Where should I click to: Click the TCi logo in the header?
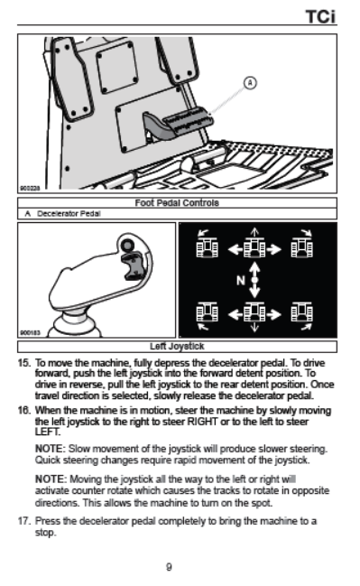(320, 17)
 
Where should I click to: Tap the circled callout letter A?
(250, 82)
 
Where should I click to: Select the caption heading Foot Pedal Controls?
(177, 203)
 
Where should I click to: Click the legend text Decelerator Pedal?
(69, 214)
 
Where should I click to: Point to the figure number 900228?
(30, 189)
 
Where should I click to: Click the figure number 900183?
(30, 332)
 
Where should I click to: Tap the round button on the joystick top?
(128, 246)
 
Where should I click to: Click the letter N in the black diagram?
(241, 280)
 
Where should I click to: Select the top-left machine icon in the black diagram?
(207, 247)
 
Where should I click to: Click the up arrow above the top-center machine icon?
(254, 232)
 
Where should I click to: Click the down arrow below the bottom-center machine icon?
(254, 328)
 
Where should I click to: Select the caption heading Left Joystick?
(177, 347)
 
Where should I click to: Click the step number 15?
(23, 363)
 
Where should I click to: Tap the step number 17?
(23, 521)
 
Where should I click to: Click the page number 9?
(169, 567)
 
